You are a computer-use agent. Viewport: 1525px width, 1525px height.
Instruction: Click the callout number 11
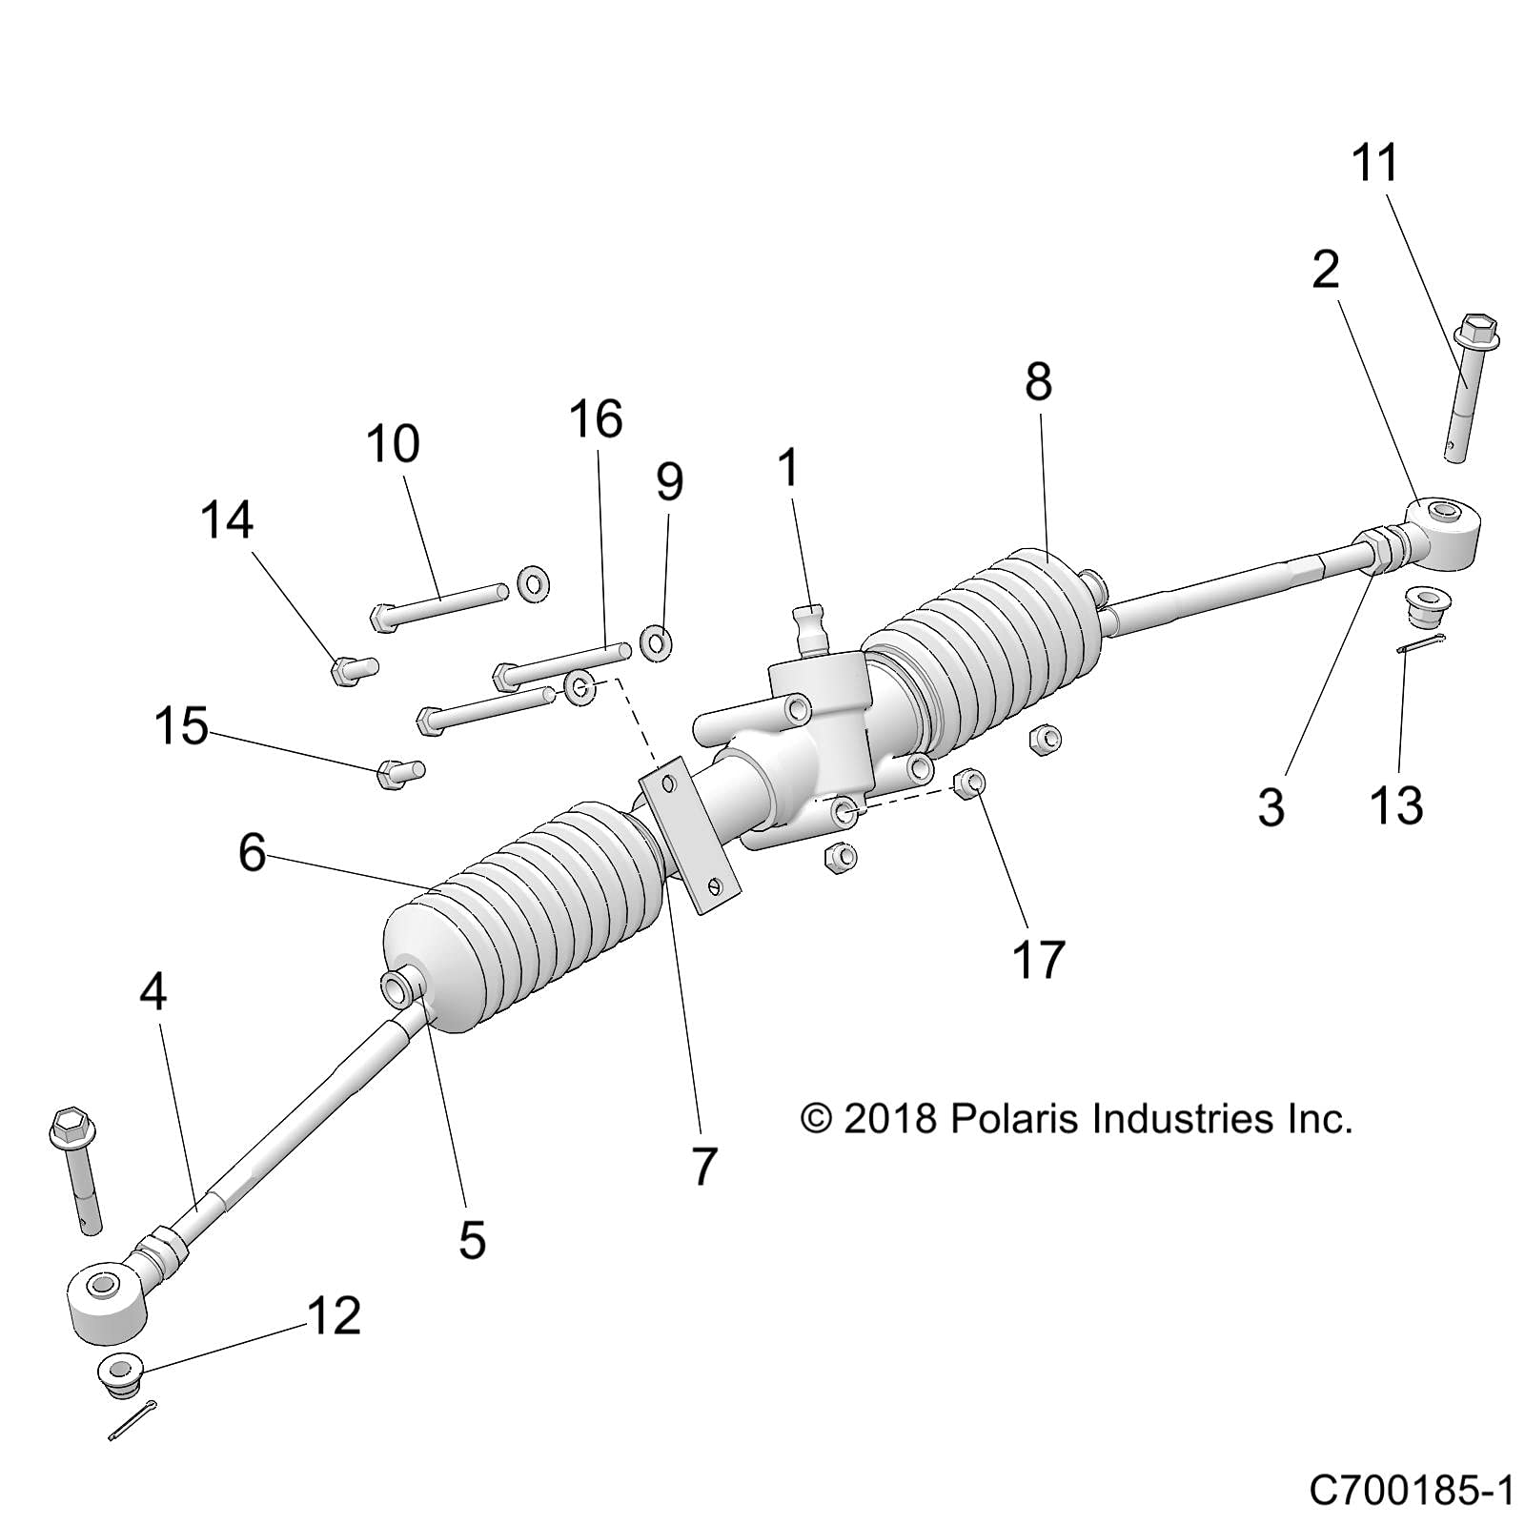coord(1374,163)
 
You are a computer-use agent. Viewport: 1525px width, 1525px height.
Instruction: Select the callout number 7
coord(703,1165)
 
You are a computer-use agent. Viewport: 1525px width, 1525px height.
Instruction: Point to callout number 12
coord(334,1315)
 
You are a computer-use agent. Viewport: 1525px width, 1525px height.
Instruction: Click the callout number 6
coord(252,851)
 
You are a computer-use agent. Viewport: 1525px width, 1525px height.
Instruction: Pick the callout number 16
coord(597,419)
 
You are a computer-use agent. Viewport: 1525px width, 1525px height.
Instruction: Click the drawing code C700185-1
coord(1411,1490)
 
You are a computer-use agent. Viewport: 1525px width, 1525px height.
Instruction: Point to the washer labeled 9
coord(655,642)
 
